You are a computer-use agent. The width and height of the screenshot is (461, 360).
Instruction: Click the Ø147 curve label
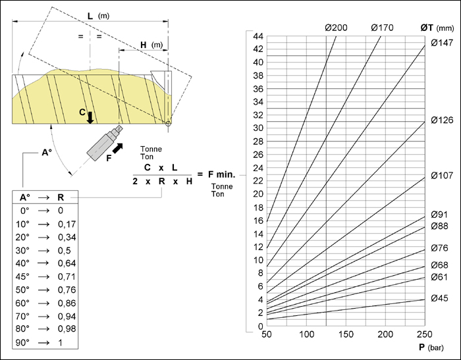[442, 43]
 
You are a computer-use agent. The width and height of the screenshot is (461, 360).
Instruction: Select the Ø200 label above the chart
[336, 28]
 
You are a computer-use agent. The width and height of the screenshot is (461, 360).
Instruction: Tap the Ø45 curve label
[439, 298]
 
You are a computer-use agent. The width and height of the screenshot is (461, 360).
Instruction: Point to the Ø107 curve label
[442, 176]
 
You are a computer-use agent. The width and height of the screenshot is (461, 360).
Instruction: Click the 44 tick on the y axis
[258, 36]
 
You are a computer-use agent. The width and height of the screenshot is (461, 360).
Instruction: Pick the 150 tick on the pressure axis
[346, 334]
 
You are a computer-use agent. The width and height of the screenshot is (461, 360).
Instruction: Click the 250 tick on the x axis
[425, 334]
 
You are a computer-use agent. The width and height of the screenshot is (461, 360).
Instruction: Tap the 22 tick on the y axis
[258, 181]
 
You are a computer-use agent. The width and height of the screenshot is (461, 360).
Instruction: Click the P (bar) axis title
[431, 347]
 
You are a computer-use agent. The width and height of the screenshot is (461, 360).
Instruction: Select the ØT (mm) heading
[437, 28]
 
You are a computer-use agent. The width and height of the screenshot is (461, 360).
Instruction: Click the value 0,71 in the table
[67, 276]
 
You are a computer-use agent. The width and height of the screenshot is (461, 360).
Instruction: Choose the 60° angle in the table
[22, 303]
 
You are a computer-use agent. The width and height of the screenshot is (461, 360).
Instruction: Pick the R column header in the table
[61, 197]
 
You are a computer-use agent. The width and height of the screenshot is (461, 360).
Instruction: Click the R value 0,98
[67, 328]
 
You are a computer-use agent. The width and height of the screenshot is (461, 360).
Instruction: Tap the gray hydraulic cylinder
[105, 143]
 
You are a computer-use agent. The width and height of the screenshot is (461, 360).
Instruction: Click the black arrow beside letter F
[118, 148]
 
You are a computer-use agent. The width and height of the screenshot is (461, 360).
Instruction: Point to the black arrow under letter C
[90, 118]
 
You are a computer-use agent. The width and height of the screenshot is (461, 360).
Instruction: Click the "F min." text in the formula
[222, 174]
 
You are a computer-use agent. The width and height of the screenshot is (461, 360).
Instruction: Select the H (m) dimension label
[151, 45]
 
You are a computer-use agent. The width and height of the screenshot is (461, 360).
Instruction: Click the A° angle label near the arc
[47, 153]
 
